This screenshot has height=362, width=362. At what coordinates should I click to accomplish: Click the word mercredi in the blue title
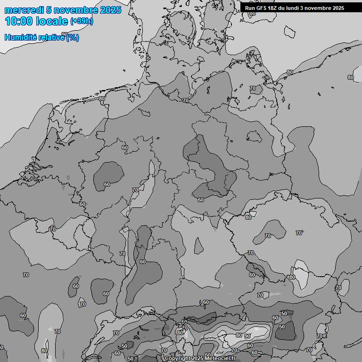pyautogui.click(x=24, y=10)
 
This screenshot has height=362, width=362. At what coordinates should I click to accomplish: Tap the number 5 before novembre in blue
pyautogui.click(x=49, y=10)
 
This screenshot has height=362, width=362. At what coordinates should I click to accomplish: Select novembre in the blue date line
pyautogui.click(x=76, y=10)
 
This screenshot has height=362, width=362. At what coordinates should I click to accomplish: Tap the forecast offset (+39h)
pyautogui.click(x=82, y=21)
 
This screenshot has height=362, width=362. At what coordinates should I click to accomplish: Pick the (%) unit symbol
pyautogui.click(x=73, y=38)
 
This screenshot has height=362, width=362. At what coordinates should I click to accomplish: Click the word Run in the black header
pyautogui.click(x=250, y=8)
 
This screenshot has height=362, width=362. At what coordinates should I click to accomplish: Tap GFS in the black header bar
pyautogui.click(x=262, y=8)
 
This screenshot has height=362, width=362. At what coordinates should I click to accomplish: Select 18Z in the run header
pyautogui.click(x=274, y=8)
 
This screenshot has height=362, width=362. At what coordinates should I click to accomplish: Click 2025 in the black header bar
pyautogui.click(x=337, y=8)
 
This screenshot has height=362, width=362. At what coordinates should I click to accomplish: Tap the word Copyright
pyautogui.click(x=178, y=359)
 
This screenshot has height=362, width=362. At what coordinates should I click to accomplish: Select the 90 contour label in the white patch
pyautogui.click(x=247, y=336)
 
